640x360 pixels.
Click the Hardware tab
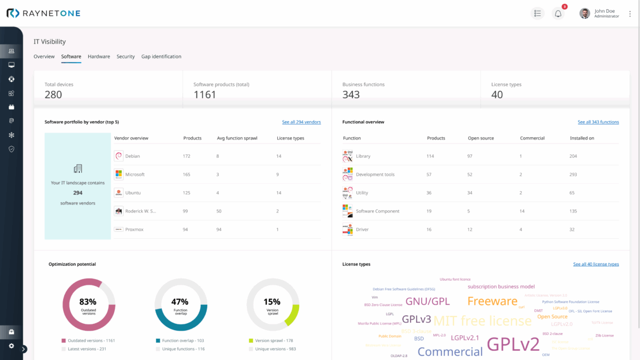pyautogui.click(x=99, y=56)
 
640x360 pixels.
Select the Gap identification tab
pyautogui.click(x=161, y=56)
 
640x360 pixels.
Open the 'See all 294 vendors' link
pyautogui.click(x=301, y=122)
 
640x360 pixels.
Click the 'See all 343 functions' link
pyautogui.click(x=598, y=122)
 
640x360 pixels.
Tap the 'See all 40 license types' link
pyautogui.click(x=596, y=264)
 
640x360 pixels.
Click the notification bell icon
pyautogui.click(x=558, y=14)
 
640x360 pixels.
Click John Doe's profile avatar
pyautogui.click(x=584, y=14)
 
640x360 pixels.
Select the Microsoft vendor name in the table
pyautogui.click(x=135, y=175)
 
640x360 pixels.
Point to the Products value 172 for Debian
pyautogui.click(x=187, y=156)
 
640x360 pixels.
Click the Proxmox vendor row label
pyautogui.click(x=134, y=230)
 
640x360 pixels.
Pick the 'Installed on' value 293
pyautogui.click(x=573, y=175)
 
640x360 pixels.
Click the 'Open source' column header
pyautogui.click(x=480, y=138)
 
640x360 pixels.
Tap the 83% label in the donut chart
pyautogui.click(x=88, y=301)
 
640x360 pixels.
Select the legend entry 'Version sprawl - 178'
pyautogui.click(x=274, y=340)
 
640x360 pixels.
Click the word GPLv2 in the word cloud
pyautogui.click(x=513, y=344)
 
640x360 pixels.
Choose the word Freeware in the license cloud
pyautogui.click(x=492, y=301)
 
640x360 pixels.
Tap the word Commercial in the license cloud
pyautogui.click(x=449, y=351)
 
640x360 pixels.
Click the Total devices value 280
pyautogui.click(x=53, y=95)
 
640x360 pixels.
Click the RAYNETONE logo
pyautogui.click(x=44, y=13)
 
